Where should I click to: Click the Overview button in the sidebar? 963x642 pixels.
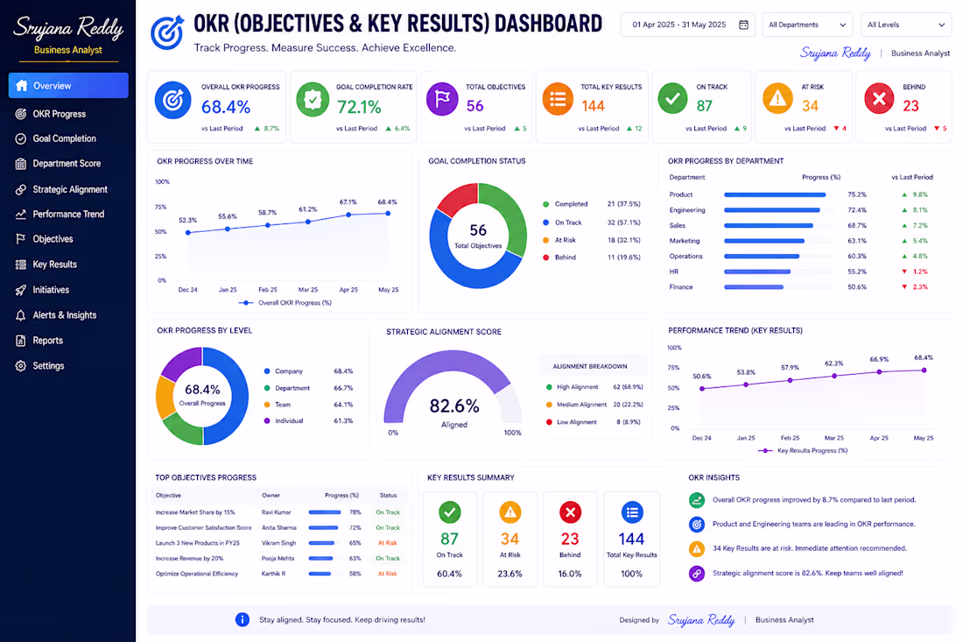click(x=68, y=85)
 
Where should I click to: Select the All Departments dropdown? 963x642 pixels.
click(x=807, y=25)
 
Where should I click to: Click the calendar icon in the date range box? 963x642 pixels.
click(x=743, y=25)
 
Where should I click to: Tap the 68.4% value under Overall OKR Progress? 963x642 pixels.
click(x=225, y=107)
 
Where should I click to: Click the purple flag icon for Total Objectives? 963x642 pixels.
click(x=442, y=99)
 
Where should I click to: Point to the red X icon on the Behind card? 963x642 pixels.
click(x=879, y=98)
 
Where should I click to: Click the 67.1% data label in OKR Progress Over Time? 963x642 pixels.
click(x=348, y=201)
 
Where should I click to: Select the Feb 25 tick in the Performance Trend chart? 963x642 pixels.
click(x=790, y=438)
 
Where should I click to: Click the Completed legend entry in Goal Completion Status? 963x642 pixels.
click(x=566, y=204)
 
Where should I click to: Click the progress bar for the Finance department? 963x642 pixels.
click(x=754, y=287)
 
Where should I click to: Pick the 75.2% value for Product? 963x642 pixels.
click(x=857, y=194)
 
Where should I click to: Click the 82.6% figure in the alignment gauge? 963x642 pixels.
click(x=454, y=406)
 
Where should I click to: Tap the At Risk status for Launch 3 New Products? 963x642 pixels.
click(x=388, y=543)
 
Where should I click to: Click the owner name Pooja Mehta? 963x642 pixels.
click(x=278, y=559)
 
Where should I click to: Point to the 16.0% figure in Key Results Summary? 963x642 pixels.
click(x=570, y=574)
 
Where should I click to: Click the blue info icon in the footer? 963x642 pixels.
click(x=243, y=620)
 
